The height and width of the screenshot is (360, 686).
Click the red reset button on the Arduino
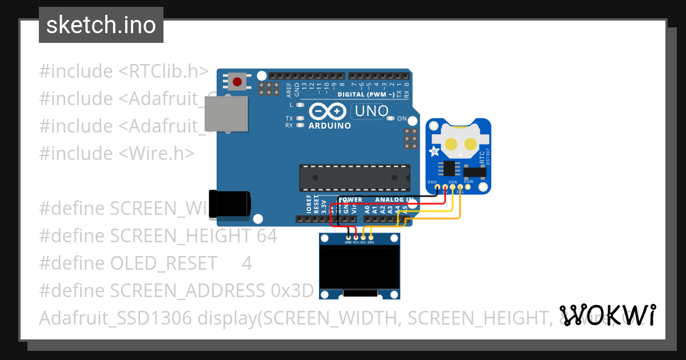point(237,82)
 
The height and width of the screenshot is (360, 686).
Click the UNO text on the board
point(371,111)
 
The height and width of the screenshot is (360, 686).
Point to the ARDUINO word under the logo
point(330,125)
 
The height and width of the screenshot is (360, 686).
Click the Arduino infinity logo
point(328,111)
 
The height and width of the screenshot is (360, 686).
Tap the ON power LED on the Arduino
point(391,119)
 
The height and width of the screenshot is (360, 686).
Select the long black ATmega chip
point(355,178)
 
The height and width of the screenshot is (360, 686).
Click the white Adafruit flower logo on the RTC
point(434,152)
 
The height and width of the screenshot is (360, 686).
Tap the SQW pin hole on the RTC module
point(468,186)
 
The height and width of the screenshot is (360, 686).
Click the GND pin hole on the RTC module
point(437,186)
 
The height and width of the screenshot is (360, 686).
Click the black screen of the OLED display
point(360,267)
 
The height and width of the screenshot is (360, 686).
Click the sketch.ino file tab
point(101,25)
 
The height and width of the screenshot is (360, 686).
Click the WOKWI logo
point(608,315)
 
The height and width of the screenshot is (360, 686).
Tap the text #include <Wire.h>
point(117,153)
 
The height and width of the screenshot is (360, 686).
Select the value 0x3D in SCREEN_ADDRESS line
point(292,290)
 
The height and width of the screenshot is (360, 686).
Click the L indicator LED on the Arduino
point(301,105)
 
